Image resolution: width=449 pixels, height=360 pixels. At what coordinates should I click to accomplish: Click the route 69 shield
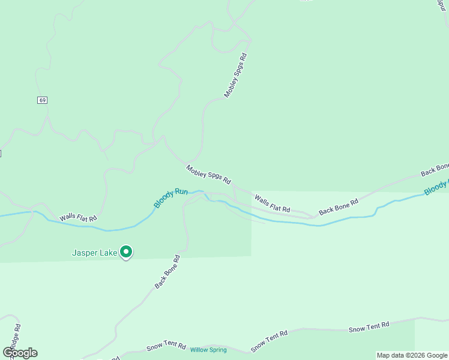tap(41, 100)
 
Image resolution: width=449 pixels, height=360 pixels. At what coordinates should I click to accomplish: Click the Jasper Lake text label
tap(95, 253)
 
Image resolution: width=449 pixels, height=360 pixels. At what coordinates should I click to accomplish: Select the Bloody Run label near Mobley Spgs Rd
tap(170, 199)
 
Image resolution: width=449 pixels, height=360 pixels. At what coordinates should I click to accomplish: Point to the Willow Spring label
tap(208, 350)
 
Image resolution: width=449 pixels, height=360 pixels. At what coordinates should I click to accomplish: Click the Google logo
tap(20, 353)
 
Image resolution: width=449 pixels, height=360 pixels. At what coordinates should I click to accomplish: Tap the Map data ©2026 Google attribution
tap(412, 355)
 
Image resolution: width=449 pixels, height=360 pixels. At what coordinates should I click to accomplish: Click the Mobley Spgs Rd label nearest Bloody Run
tap(208, 174)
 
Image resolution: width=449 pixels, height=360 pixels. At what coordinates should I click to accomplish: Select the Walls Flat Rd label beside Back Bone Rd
tap(272, 203)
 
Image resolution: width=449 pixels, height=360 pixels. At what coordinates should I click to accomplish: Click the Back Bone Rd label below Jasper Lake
tap(167, 272)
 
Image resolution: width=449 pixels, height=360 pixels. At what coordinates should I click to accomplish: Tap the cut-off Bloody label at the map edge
tap(436, 187)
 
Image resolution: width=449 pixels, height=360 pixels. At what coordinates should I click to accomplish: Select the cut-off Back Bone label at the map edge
tap(435, 170)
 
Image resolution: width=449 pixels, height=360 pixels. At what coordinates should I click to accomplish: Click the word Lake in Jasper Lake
tap(109, 253)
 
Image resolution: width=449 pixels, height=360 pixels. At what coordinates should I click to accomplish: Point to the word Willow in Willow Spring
tap(199, 350)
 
